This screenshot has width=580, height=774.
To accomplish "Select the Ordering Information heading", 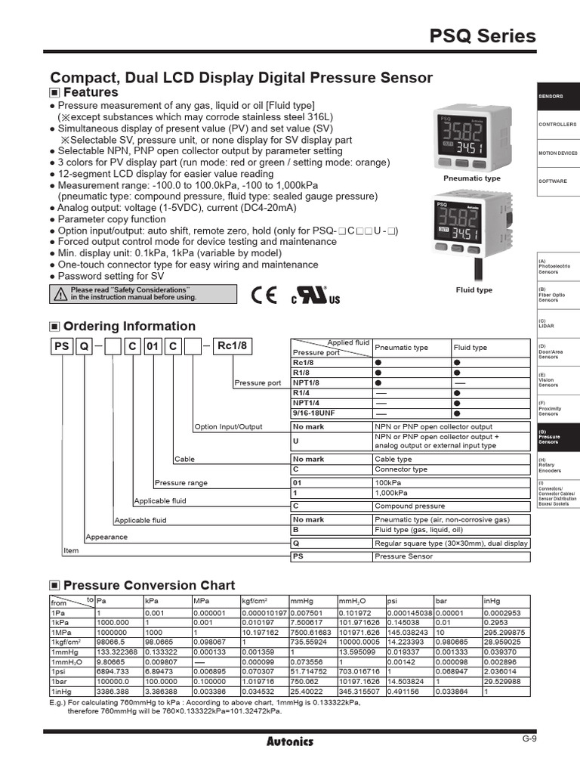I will pyautogui.click(x=129, y=327).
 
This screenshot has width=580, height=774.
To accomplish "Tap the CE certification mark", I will pyautogui.click(x=264, y=294).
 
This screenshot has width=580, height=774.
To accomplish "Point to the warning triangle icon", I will pyautogui.click(x=60, y=294).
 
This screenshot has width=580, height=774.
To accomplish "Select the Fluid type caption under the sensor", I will pyautogui.click(x=474, y=289).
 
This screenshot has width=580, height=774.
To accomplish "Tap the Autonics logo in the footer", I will pyautogui.click(x=290, y=741).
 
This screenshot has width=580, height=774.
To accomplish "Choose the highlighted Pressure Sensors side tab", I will pyautogui.click(x=557, y=438).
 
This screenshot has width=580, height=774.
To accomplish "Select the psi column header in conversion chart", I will pyautogui.click(x=392, y=601).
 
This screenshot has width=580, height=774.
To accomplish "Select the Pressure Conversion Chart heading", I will pyautogui.click(x=149, y=586).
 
